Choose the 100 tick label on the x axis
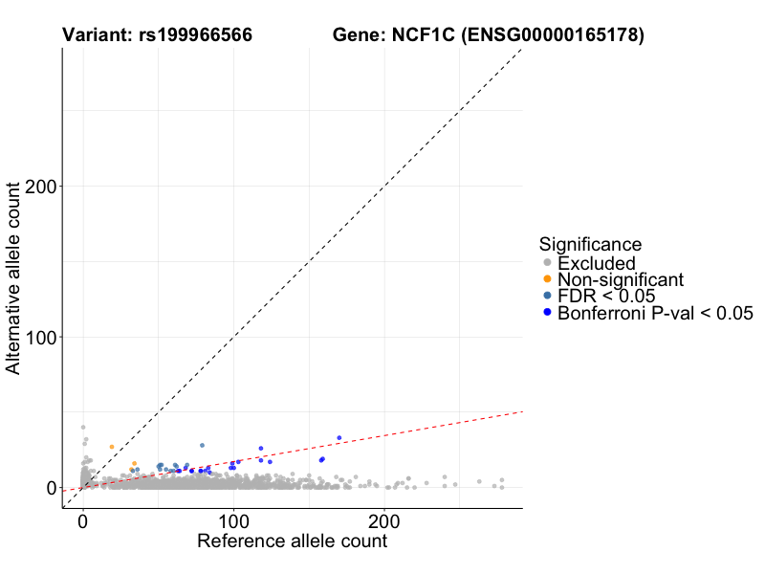233,523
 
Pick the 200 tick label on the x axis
384,523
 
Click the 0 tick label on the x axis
82,523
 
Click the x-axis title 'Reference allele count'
292,541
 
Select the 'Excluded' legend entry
596,263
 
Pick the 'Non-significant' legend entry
621,279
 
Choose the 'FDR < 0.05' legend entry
606,296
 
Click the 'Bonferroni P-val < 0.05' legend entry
656,312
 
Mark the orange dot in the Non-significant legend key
547,279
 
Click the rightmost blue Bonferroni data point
339,438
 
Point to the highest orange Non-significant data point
112,447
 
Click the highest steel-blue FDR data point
202,445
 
